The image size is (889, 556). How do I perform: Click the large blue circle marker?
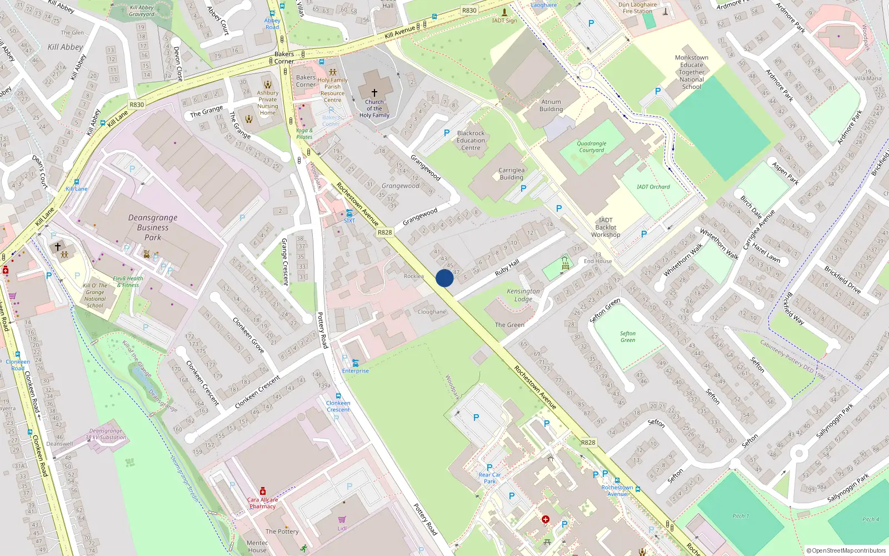tap(444, 278)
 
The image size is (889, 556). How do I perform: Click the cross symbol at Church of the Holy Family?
tap(374, 93)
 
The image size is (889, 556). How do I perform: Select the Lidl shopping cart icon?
tap(342, 519)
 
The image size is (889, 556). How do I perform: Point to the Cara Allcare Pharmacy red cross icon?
tap(263, 492)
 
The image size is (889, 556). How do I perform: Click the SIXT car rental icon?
tap(349, 213)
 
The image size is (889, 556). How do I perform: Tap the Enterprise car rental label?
tap(355, 371)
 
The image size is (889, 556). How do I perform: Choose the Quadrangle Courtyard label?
tap(591, 147)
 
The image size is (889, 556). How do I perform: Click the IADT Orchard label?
tap(653, 187)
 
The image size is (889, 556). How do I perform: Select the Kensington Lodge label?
tap(523, 295)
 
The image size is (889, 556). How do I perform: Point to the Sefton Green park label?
tap(628, 337)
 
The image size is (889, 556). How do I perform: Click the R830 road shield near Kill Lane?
tap(137, 105)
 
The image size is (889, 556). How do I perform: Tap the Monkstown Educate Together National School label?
tap(691, 72)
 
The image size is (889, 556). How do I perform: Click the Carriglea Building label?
tap(511, 174)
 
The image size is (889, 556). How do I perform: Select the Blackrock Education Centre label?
tap(471, 141)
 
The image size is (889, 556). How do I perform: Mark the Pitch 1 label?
tap(740, 516)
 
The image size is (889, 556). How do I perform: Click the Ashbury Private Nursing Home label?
tap(267, 103)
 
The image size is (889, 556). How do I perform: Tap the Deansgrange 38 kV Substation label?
tap(106, 434)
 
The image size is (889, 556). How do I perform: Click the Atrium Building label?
tap(551, 106)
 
